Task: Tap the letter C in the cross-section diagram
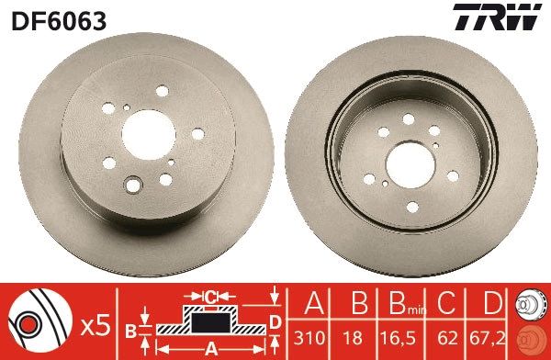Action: click(x=209, y=297)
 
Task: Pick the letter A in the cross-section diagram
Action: click(x=209, y=348)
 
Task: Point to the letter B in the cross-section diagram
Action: click(x=130, y=328)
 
